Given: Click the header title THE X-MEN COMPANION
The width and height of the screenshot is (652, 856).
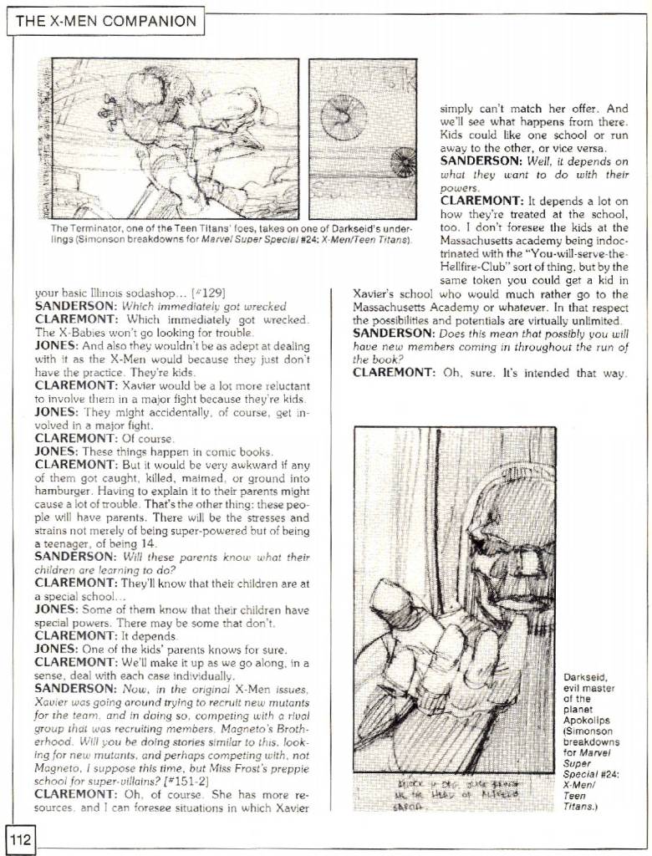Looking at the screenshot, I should pos(104,21).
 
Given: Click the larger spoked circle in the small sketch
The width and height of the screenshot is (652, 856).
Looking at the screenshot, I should pos(344,116).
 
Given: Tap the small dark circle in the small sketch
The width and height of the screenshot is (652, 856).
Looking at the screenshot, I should pos(404,162).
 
